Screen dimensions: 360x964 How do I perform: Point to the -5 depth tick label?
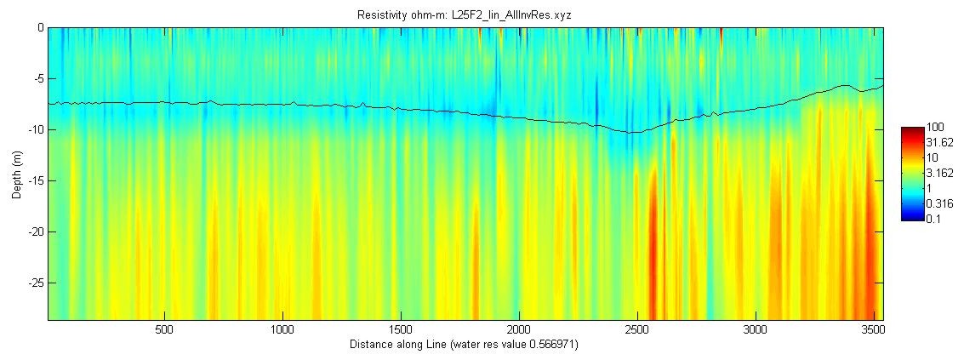tap(36, 78)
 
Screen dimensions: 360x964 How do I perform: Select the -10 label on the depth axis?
tap(33, 129)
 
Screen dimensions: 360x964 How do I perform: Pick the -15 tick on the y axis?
tap(33, 180)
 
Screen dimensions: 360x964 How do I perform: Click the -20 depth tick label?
tap(33, 231)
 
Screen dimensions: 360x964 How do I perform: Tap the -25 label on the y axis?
tap(33, 283)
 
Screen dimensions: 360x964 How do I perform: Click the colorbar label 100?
tap(933, 129)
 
